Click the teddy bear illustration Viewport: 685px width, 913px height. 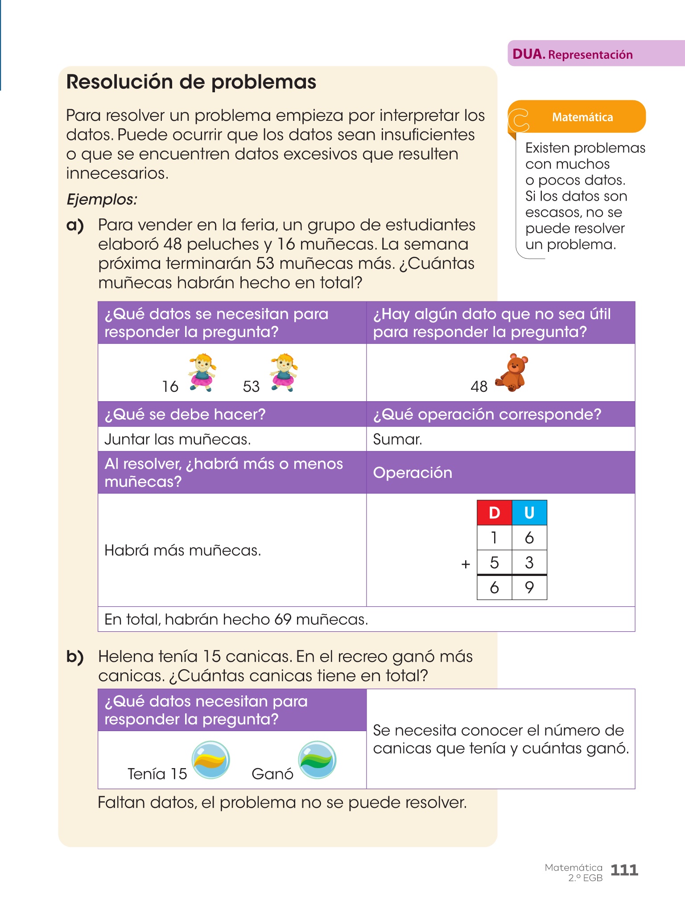tap(512, 373)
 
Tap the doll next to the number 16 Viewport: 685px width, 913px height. tap(202, 372)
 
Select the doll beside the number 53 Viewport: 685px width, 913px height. tap(283, 372)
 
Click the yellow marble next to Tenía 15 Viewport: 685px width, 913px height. tap(210, 760)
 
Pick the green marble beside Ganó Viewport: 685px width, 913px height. tap(317, 760)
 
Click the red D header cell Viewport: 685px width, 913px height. tap(494, 513)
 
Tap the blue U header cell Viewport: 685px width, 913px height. tap(529, 513)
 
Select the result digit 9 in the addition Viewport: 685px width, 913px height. tap(529, 588)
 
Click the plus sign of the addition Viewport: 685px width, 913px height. tap(466, 564)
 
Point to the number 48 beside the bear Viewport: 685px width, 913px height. tap(479, 387)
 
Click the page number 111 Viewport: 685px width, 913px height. tap(624, 870)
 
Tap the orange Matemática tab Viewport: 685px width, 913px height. tap(582, 117)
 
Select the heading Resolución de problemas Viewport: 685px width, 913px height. tap(191, 82)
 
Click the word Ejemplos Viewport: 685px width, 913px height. tap(102, 199)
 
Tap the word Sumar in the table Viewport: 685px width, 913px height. tap(397, 440)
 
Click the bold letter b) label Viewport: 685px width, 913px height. tap(75, 657)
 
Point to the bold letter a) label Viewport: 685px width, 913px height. tap(75, 226)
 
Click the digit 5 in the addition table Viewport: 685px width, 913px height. tap(494, 563)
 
